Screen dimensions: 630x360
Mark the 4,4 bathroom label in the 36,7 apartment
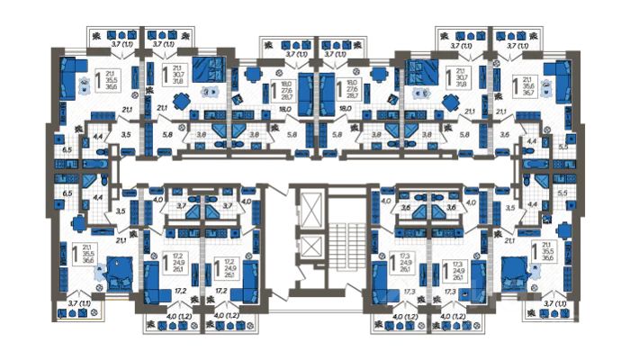click(x=532, y=141)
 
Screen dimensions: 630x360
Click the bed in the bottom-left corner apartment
click(x=120, y=267)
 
